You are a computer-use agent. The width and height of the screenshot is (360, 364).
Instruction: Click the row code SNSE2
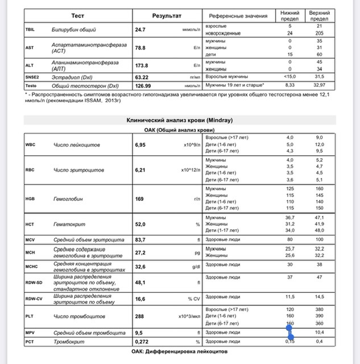[34, 76]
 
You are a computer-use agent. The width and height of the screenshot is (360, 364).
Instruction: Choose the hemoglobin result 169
[139, 199]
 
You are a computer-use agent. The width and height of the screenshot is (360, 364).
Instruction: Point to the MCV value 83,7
[141, 239]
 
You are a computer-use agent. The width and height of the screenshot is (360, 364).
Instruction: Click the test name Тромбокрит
[71, 341]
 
